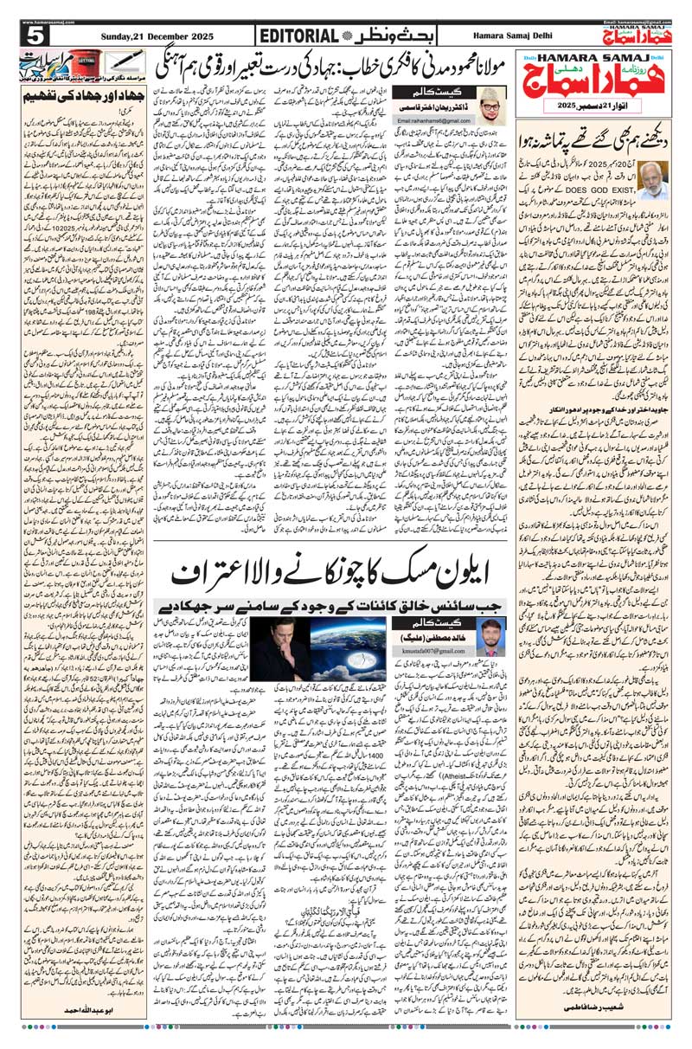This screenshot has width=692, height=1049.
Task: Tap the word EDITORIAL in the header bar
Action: pos(298,35)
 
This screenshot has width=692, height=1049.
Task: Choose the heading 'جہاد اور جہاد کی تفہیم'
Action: pos(83,95)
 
